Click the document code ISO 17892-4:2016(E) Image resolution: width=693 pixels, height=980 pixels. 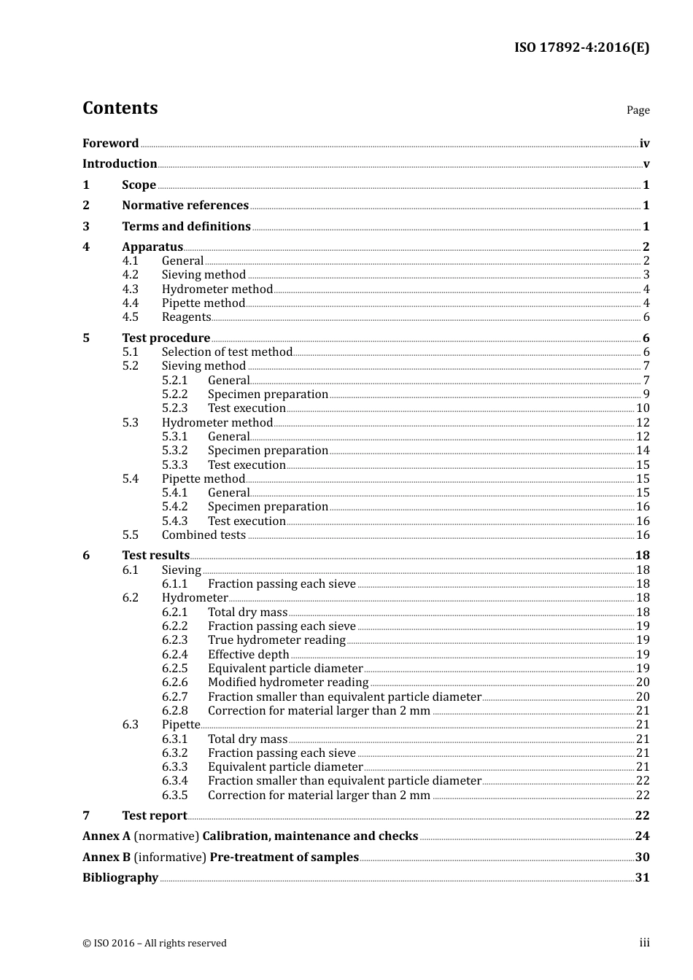click(581, 47)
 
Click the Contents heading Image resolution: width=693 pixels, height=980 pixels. click(120, 108)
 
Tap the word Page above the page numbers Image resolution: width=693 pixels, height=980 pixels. click(638, 110)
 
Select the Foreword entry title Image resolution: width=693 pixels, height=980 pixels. click(110, 144)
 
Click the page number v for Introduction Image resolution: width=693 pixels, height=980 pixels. click(646, 164)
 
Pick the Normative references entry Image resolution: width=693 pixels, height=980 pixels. click(185, 206)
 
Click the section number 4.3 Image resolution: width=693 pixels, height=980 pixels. click(131, 289)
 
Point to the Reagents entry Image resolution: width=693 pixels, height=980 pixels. click(186, 317)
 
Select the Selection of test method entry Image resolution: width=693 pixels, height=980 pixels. click(227, 352)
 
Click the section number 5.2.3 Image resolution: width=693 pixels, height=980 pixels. click(175, 408)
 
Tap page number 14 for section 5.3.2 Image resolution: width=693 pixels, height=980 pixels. click(643, 451)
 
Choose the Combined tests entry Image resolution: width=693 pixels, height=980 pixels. click(204, 535)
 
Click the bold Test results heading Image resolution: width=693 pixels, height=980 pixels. click(155, 556)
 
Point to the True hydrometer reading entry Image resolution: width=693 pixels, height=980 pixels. click(276, 640)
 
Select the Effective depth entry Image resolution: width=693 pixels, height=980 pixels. click(248, 655)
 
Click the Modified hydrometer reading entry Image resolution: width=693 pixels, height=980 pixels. click(288, 682)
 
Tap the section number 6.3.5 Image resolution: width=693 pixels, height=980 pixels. click(175, 796)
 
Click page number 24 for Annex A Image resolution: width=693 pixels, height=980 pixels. click(642, 836)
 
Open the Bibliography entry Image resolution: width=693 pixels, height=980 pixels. click(120, 878)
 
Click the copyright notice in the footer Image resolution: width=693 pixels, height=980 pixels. click(155, 944)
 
